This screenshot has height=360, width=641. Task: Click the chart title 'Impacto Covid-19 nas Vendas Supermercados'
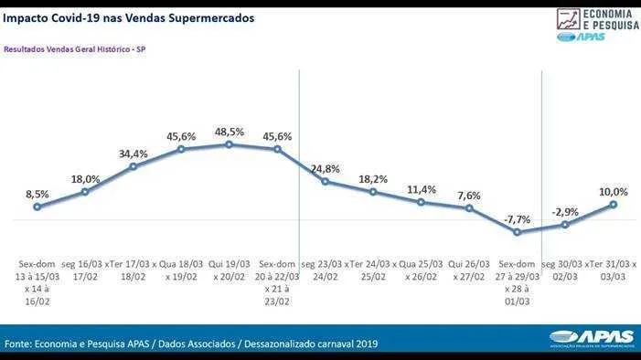(x=128, y=18)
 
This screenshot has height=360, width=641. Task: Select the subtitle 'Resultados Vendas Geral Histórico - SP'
(x=75, y=49)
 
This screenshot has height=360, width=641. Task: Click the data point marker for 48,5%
(x=229, y=144)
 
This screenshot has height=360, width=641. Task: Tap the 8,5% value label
(x=37, y=194)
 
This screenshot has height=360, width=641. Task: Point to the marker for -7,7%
(x=518, y=232)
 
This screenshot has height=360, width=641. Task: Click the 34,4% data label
(x=134, y=154)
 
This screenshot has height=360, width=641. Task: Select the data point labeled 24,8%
(x=325, y=182)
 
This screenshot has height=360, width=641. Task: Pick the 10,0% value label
(x=614, y=192)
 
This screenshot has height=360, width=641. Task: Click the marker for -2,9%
(x=565, y=225)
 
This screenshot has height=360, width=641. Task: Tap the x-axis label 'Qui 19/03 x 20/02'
(x=229, y=270)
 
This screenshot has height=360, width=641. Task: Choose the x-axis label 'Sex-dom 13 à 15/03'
(x=37, y=270)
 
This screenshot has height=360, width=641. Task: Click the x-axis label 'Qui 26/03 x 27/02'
(x=469, y=270)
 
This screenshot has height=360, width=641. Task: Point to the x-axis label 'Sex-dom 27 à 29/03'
(x=518, y=270)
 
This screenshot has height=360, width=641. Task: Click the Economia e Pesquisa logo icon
(x=568, y=19)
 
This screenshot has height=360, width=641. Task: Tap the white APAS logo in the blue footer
(x=592, y=338)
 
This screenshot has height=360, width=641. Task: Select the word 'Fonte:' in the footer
(x=18, y=344)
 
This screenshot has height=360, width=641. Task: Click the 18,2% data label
(x=373, y=179)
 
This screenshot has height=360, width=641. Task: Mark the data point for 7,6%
(x=469, y=208)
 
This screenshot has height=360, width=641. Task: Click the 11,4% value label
(x=421, y=190)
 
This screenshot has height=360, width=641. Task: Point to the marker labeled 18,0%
(x=85, y=192)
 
